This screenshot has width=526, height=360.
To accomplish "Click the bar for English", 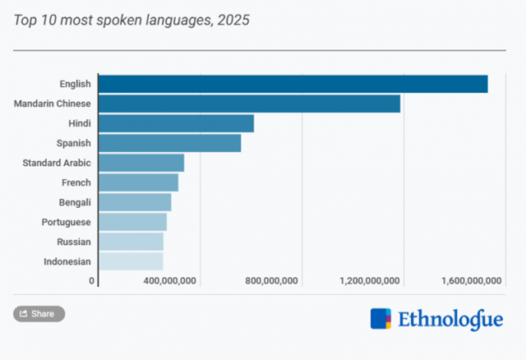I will point(293,84).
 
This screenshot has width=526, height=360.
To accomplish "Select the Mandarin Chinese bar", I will point(249,104).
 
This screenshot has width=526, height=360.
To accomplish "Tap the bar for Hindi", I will point(176,123).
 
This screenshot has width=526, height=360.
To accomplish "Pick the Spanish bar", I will point(169,143).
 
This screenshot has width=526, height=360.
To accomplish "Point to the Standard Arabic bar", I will point(141,163).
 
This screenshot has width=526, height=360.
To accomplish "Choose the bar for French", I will point(138,182).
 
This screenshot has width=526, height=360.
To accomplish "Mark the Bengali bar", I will point(135,202).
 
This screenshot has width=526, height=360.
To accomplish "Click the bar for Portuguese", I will point(132,222).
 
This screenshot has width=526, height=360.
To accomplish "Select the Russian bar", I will point(131,242).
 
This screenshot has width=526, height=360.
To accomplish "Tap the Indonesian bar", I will point(131,261).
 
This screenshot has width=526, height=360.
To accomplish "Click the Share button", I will point(39,313).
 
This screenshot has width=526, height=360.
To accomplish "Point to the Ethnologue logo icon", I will point(381,319).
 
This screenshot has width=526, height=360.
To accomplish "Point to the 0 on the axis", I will point(92,281).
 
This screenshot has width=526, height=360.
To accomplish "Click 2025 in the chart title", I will point(233,20).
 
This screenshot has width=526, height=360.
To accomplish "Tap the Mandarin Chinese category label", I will point(53,104).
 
